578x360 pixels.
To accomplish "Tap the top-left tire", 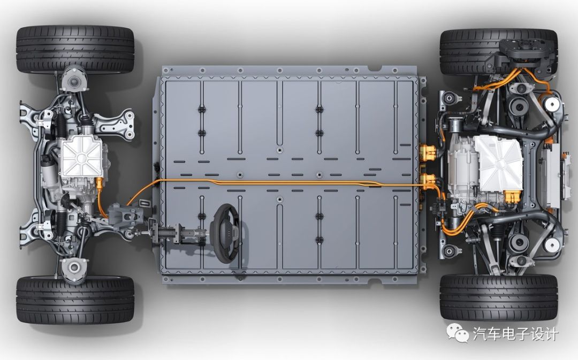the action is pyautogui.click(x=75, y=49).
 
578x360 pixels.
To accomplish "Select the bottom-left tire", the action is pyautogui.click(x=75, y=300).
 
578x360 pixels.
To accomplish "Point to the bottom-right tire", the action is pyautogui.click(x=499, y=297).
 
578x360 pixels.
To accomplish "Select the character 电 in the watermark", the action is pyautogui.click(x=507, y=334).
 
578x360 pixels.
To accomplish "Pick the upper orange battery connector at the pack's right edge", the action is pyautogui.click(x=428, y=152).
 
